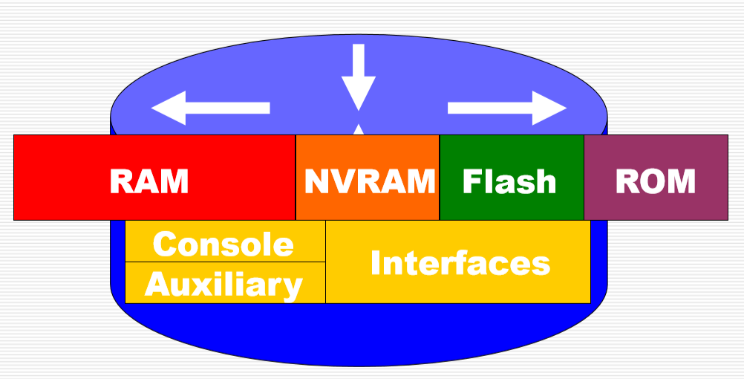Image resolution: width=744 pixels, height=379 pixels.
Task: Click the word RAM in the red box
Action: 149,181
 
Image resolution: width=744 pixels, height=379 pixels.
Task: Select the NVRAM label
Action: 369,181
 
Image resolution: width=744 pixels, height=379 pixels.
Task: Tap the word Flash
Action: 509,181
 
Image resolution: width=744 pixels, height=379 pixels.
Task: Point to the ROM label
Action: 656,181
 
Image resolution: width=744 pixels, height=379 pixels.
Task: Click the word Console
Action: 223,244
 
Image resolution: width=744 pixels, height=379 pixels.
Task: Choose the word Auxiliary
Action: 223,284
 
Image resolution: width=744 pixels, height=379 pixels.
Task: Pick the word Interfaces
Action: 460,263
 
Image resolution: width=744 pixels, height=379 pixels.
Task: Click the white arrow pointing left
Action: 210,108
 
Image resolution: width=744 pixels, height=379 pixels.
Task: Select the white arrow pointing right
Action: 507,108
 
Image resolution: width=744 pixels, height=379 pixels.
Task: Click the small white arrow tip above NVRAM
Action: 359,130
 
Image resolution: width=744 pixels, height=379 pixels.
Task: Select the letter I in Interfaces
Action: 376,263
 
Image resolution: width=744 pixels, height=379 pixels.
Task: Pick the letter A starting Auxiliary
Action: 157,284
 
